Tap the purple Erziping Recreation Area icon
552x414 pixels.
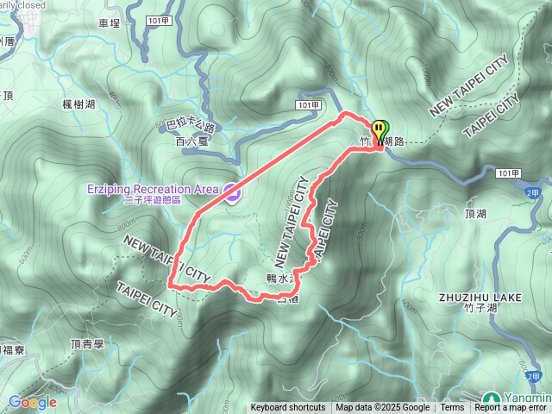tap(231, 191)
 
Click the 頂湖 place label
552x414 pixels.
tap(475, 212)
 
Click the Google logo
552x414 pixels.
tap(32, 402)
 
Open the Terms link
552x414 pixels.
tap(452, 408)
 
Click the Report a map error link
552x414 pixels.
tap(512, 408)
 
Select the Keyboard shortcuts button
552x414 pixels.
tap(288, 408)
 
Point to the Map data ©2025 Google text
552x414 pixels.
tap(383, 408)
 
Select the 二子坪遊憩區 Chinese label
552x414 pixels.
tap(152, 200)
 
